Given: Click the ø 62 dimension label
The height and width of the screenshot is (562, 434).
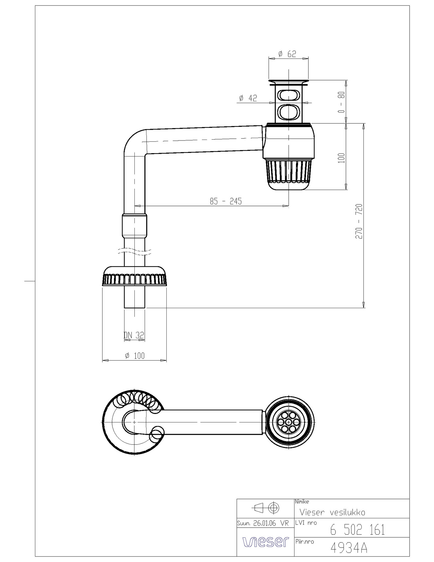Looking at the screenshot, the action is pos(287,54).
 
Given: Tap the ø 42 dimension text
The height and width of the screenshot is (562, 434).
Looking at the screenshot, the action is pos(248,98).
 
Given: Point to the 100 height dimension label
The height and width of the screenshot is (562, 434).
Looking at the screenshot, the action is pos(341,158).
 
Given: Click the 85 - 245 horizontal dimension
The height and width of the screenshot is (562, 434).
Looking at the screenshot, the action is pos(226,201).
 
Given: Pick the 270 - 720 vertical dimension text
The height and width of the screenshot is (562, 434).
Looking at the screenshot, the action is pos(359,221).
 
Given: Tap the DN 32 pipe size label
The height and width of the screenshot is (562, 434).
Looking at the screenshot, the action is pos(134,335).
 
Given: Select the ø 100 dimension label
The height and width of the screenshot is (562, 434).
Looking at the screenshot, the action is pos(135,356).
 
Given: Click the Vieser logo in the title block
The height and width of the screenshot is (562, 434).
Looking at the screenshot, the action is pos(266,542).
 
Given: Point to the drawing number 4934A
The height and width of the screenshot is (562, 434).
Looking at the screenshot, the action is pos(349,548).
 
